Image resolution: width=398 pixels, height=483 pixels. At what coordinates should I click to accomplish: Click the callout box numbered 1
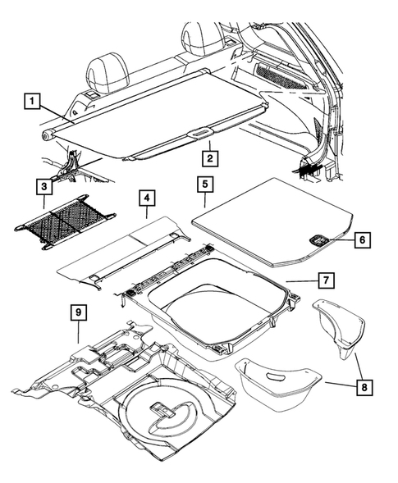click(x=31, y=103)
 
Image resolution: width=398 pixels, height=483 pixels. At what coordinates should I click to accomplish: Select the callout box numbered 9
click(x=78, y=312)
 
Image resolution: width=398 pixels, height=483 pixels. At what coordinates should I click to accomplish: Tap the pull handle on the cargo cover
click(x=201, y=131)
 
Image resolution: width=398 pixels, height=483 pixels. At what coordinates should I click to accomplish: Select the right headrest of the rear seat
click(x=199, y=37)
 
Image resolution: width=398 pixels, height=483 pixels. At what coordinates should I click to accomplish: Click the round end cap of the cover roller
click(x=48, y=132)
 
